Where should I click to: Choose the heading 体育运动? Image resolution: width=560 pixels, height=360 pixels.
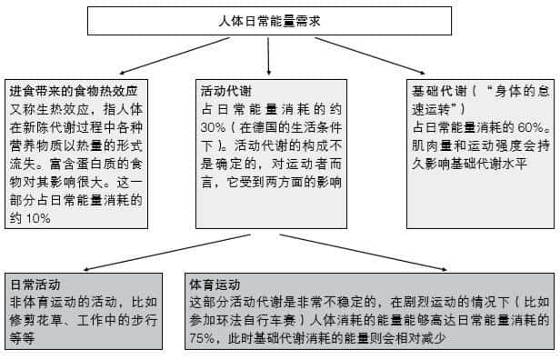point(215,285)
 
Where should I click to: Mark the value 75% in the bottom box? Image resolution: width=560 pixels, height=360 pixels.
point(203,338)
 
